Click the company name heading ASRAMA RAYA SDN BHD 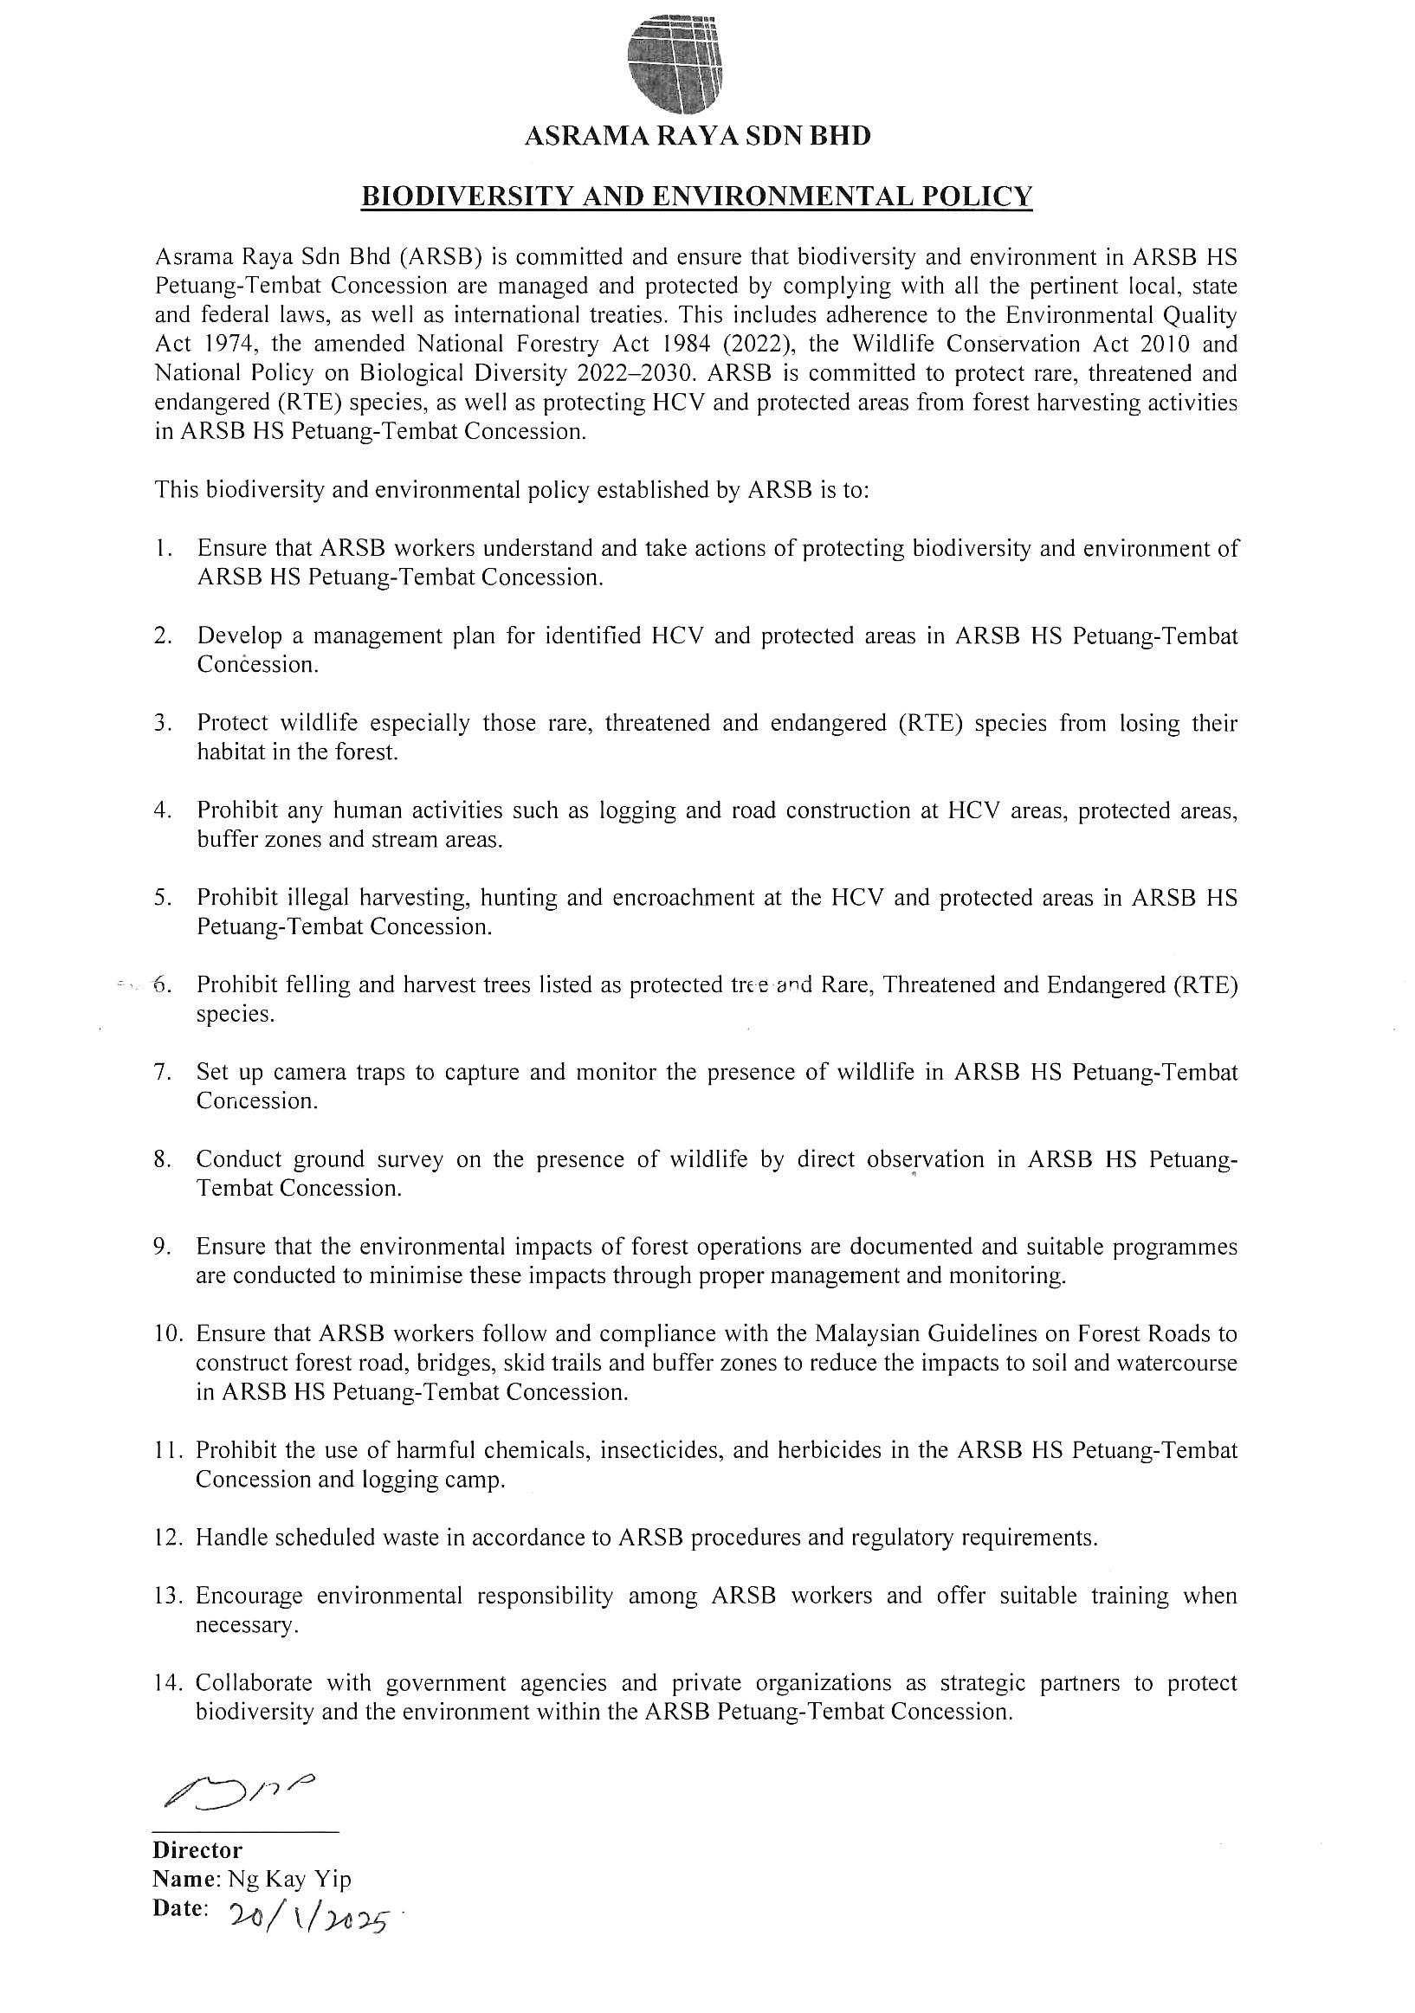(x=697, y=137)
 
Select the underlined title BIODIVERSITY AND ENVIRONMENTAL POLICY (x=697, y=197)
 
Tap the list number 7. (x=161, y=1072)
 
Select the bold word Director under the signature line (x=197, y=1850)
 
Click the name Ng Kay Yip (x=289, y=1879)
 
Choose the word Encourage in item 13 (x=249, y=1595)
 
